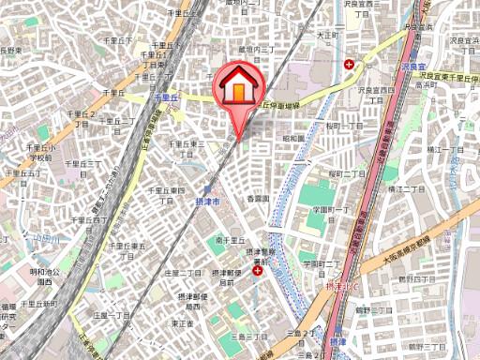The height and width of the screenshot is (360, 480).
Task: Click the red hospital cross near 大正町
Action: click(350, 64)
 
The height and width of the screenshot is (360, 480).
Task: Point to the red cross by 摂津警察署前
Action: click(257, 270)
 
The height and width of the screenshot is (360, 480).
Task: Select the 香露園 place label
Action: click(258, 198)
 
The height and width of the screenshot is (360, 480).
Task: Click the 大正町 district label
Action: click(326, 36)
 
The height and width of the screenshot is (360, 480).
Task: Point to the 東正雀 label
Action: click(182, 322)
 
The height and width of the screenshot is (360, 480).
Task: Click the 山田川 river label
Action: click(45, 239)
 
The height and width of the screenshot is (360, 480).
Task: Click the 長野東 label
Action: click(10, 50)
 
